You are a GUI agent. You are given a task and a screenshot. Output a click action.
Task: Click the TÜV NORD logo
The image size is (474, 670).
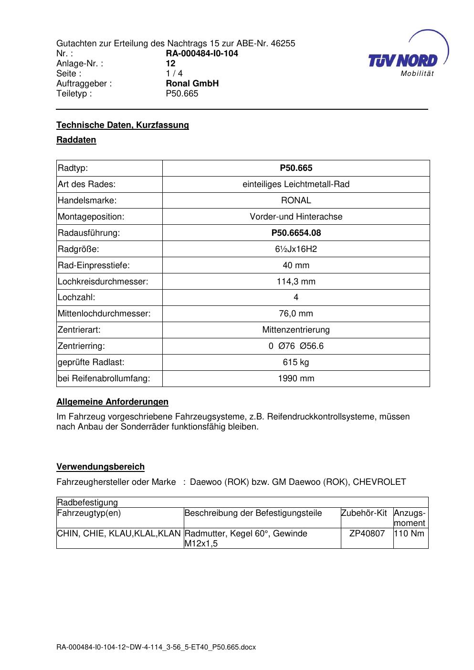[x=404, y=61]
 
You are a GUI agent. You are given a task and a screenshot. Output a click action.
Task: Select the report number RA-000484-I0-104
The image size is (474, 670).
[x=202, y=53]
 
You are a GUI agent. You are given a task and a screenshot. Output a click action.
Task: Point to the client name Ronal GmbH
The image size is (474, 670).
[x=192, y=84]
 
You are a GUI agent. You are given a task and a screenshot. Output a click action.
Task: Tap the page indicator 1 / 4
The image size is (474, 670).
[x=174, y=73]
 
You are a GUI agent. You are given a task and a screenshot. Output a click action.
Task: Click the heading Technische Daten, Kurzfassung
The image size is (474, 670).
[x=123, y=125]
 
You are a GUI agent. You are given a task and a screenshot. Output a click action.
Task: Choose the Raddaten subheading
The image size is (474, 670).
[x=76, y=140]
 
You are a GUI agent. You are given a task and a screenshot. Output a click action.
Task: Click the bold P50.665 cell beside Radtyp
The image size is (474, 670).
[x=296, y=168]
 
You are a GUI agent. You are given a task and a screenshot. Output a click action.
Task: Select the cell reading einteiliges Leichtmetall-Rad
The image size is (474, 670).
[x=296, y=184]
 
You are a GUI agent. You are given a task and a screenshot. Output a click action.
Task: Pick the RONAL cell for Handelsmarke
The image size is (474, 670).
[x=296, y=200]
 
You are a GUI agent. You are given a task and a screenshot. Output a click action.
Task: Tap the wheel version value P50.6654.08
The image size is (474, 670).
[x=296, y=233]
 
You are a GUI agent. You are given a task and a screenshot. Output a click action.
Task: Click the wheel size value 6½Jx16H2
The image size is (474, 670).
[x=296, y=249]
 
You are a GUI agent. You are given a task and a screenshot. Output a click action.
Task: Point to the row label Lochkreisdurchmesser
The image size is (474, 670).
[x=103, y=282]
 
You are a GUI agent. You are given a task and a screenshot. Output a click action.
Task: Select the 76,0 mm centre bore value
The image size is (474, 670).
[x=296, y=314]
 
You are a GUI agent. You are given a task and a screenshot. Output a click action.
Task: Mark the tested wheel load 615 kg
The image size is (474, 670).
[x=296, y=362]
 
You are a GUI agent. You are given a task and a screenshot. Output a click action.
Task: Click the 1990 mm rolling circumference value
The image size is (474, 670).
[x=296, y=378]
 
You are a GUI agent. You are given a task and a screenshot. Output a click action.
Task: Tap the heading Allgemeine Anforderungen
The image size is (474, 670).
[x=112, y=402]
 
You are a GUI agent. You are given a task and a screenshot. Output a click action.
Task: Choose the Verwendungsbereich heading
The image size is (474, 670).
[x=100, y=467]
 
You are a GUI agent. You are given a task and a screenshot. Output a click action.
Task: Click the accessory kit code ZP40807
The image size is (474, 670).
[x=367, y=534]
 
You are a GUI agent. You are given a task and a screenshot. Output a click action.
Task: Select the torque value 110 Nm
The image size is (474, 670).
[x=409, y=534]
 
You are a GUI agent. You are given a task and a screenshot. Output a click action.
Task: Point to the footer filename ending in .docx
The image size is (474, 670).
[x=156, y=647]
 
